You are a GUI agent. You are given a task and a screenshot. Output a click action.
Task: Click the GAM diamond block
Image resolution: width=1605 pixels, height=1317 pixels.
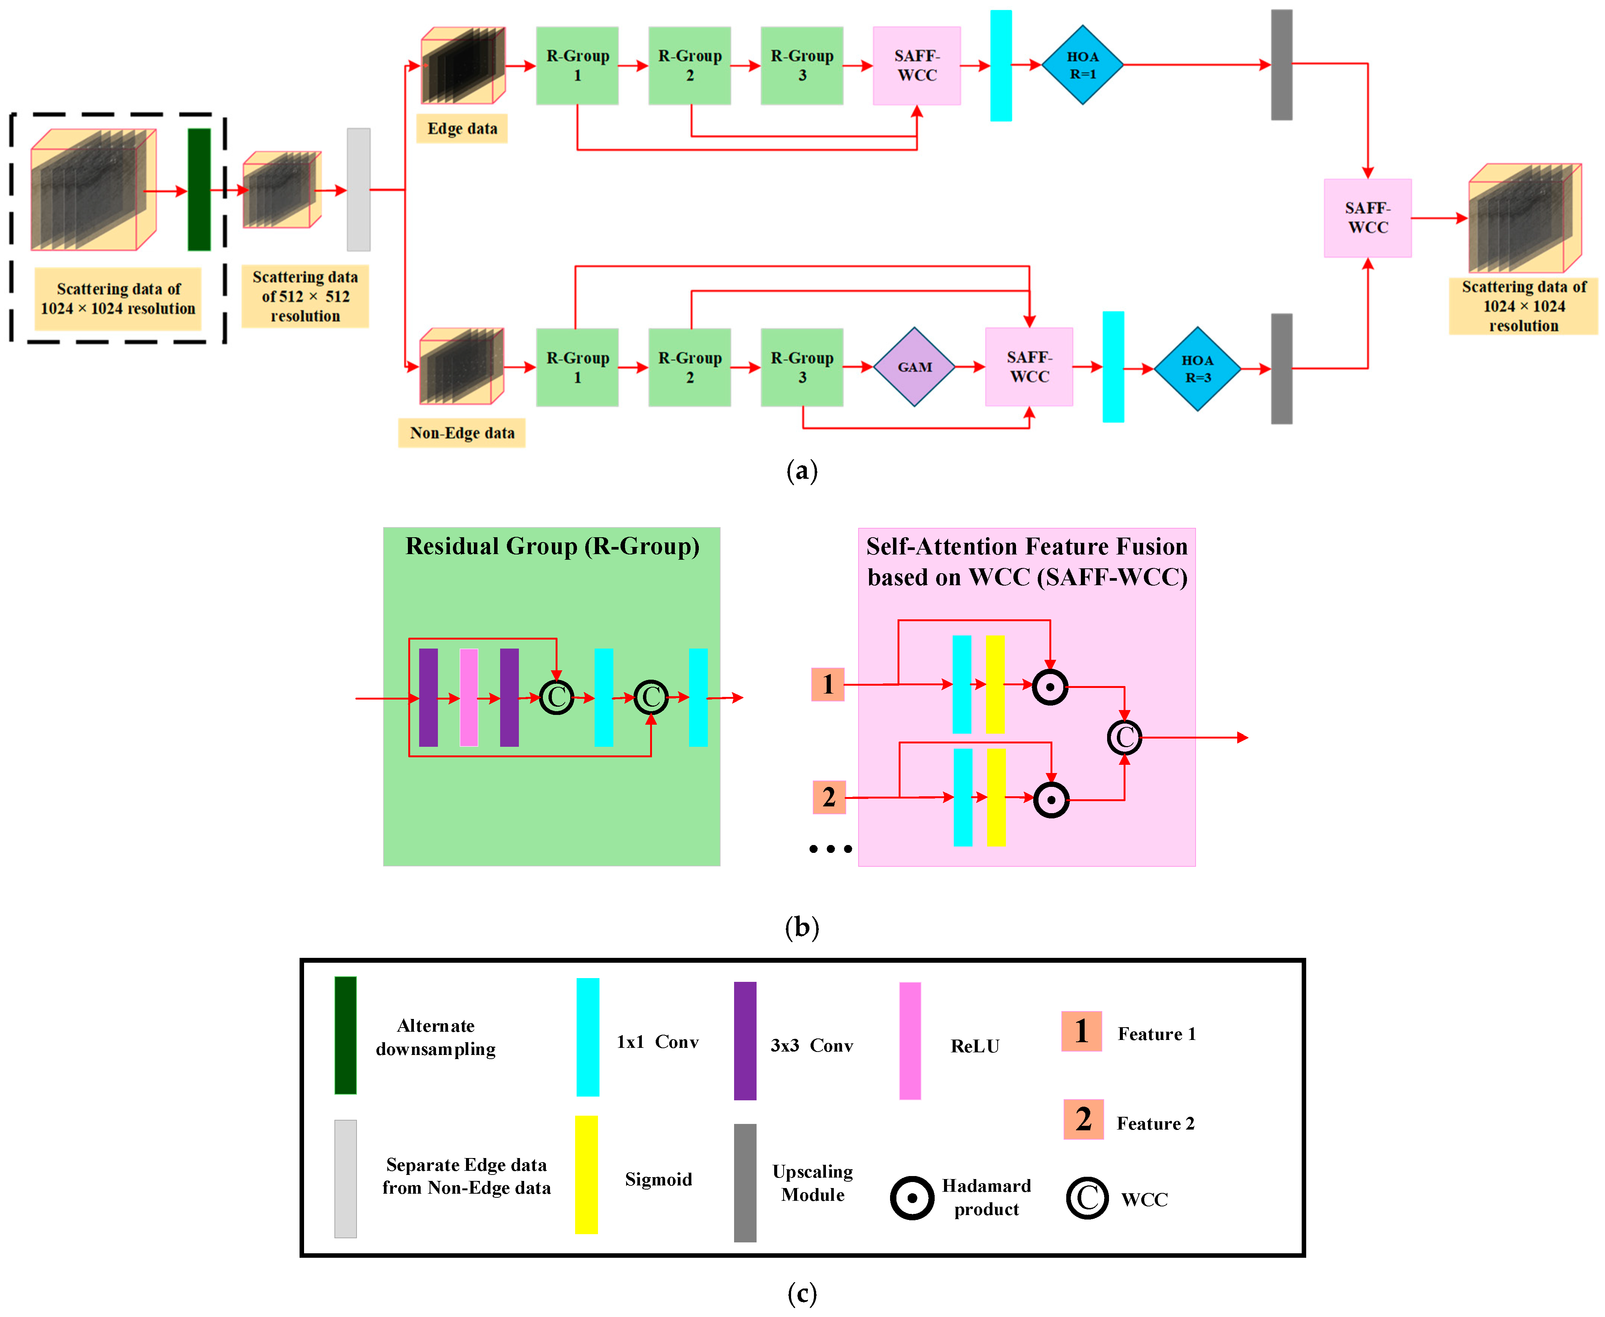coord(914,367)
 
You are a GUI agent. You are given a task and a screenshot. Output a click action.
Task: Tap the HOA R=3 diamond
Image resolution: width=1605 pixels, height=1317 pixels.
coord(1197,369)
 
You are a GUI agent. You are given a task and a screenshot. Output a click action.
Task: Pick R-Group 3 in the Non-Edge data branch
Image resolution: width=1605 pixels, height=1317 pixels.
coord(802,367)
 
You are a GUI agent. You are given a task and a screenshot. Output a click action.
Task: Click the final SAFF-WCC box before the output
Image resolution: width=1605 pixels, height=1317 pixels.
coord(1367,218)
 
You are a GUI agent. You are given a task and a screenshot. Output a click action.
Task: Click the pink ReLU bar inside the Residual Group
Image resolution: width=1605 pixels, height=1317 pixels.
coord(469,697)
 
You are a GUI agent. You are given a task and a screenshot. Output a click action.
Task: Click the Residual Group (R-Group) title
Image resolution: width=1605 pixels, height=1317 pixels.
coord(552,546)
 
